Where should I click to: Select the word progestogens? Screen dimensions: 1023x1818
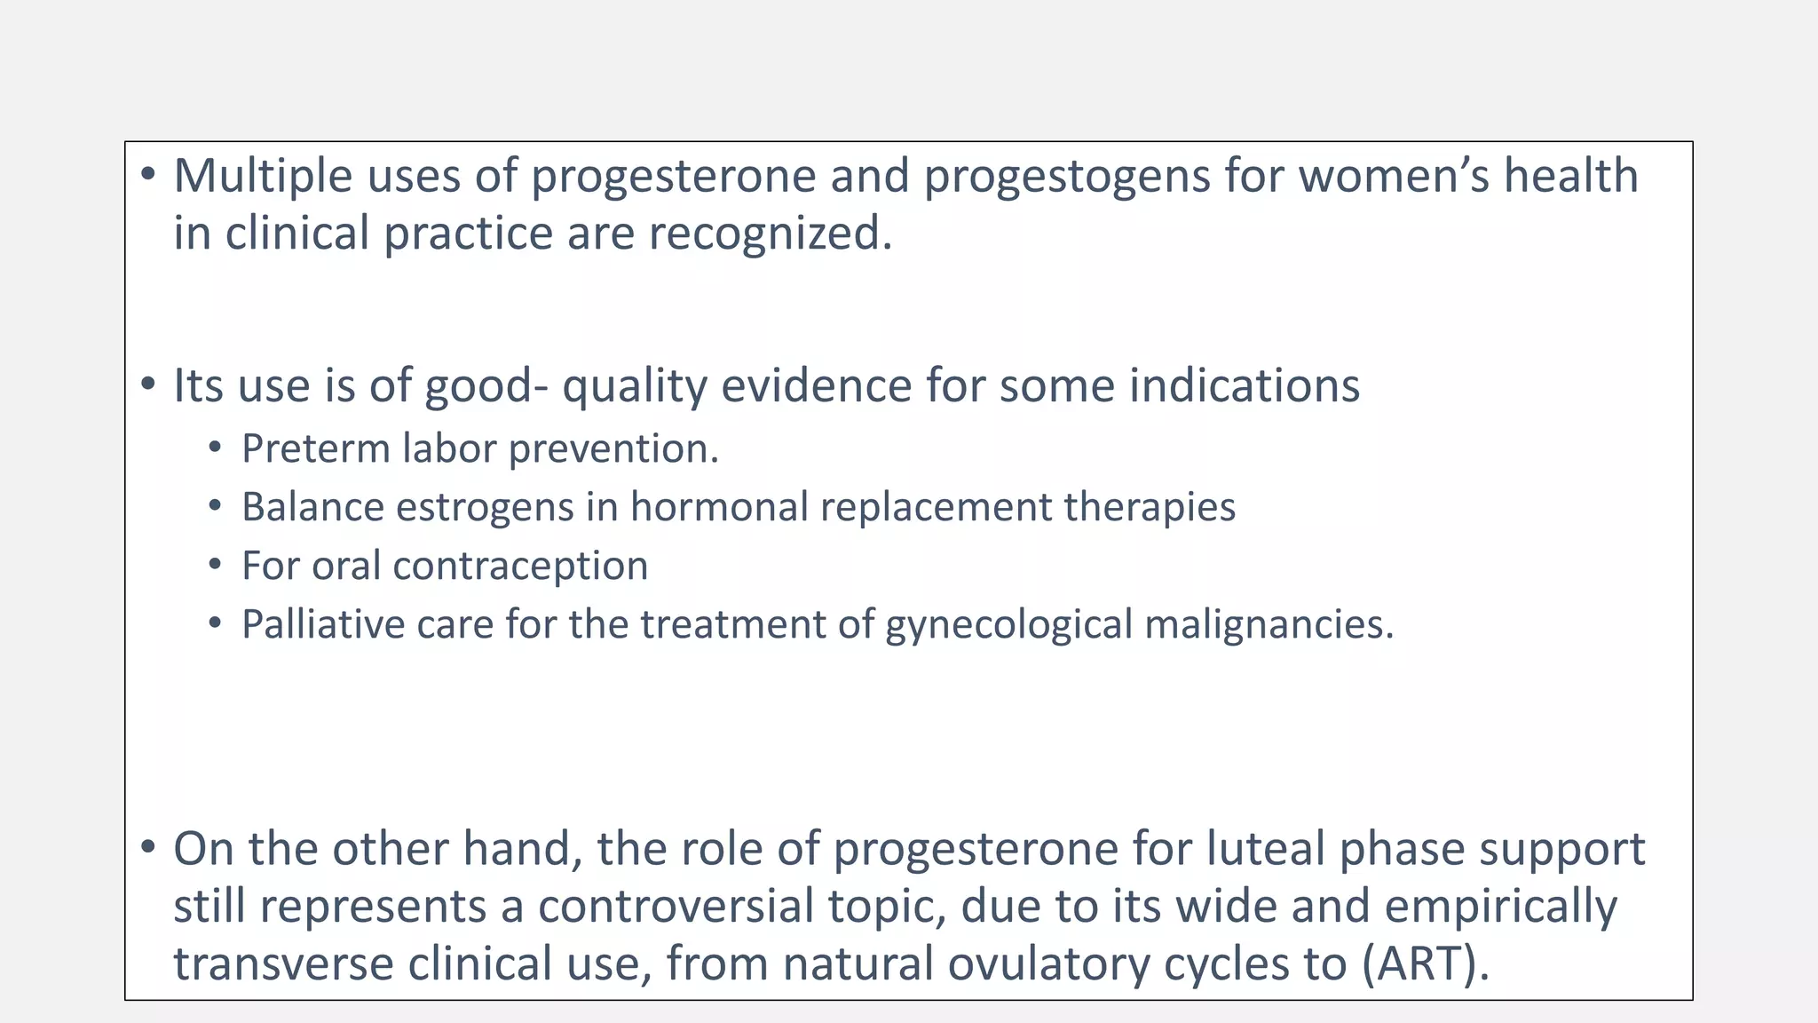click(1066, 176)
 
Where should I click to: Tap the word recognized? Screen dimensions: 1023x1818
click(770, 234)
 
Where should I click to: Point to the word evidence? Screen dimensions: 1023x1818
click(816, 386)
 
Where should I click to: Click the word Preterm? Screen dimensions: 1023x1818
click(315, 448)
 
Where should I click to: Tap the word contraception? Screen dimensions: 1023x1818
click(520, 566)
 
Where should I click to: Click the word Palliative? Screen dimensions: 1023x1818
click(322, 624)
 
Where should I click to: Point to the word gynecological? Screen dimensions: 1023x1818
click(1008, 624)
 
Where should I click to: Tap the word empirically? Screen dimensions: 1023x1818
click(1500, 907)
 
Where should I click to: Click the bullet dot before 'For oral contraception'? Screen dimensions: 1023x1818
click(214, 566)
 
